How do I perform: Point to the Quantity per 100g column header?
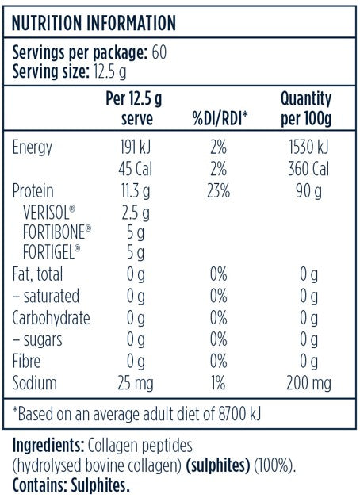point(305,110)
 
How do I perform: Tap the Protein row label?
point(35,190)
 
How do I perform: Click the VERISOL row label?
point(49,212)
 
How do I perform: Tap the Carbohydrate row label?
point(52,318)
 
